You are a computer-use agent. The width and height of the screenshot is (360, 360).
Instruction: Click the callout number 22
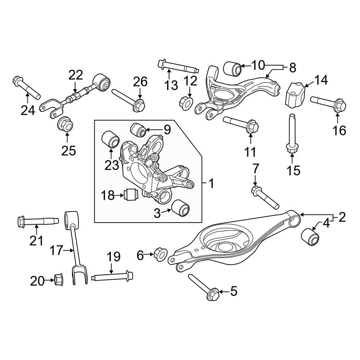76,75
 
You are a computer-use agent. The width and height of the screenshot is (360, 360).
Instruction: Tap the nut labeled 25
66,124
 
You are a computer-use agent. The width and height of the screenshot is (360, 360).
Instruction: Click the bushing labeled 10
232,68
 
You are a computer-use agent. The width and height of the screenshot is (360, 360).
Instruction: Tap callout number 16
338,130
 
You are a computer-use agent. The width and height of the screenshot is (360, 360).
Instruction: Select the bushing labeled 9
138,130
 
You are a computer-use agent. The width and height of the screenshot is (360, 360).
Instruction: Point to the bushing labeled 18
131,195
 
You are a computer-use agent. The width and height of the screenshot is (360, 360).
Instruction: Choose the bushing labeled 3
180,209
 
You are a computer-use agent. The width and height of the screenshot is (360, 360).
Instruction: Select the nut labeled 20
58,280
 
